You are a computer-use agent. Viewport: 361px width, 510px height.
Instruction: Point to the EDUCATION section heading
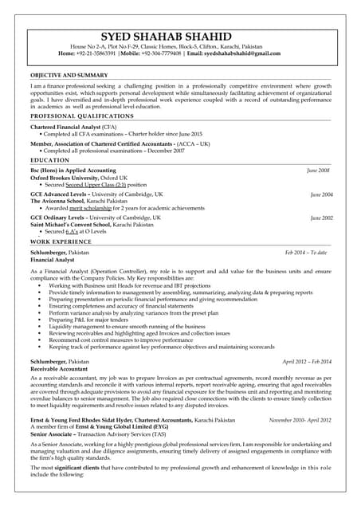[x=50, y=160]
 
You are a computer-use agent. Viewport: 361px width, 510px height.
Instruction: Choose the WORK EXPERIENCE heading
[x=61, y=241]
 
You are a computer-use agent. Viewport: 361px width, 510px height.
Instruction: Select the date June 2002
[x=322, y=218]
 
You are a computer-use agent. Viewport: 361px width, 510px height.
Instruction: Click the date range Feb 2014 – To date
[x=306, y=252]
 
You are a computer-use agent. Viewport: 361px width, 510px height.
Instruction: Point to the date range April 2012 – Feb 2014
[x=306, y=362]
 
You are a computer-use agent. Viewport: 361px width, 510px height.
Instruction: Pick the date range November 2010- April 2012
[x=300, y=419]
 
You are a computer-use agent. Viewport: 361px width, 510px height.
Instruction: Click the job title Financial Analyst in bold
[x=53, y=260]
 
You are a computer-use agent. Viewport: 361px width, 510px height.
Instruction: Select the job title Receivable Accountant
[x=59, y=370]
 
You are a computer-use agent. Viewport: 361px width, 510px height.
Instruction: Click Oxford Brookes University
[x=63, y=178]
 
